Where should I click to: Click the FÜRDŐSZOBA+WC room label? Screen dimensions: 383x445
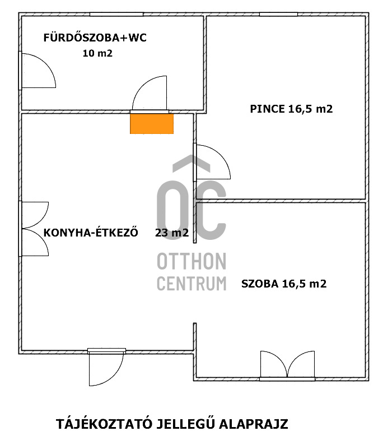[95, 37]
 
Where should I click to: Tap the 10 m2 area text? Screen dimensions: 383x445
[97, 53]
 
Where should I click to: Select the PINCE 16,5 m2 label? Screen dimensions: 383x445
[291, 109]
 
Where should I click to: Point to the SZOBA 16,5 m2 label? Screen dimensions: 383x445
[284, 284]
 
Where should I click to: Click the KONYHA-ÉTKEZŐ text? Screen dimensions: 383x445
[91, 233]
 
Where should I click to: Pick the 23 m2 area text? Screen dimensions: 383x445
[172, 233]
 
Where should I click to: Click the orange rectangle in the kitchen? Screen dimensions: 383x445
[152, 124]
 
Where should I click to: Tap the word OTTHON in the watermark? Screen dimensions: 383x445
[191, 261]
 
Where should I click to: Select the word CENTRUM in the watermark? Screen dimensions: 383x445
[191, 283]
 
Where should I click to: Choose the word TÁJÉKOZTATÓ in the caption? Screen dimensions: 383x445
[104, 424]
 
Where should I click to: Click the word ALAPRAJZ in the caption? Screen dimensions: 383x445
[254, 424]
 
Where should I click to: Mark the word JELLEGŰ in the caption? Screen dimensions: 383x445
[186, 424]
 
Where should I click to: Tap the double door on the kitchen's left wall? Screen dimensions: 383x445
[34, 229]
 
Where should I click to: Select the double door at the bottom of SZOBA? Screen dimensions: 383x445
[287, 365]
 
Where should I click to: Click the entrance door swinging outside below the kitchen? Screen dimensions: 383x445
[106, 367]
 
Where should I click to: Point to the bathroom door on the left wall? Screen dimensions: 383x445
[38, 71]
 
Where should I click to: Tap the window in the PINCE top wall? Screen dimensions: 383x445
[279, 14]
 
